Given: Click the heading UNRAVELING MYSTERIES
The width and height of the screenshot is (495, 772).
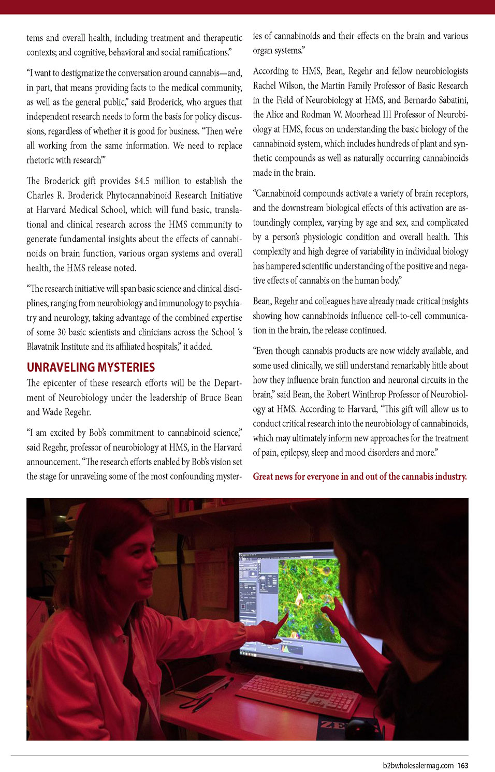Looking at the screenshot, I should point(91,367).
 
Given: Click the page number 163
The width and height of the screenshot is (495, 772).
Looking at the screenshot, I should point(462,765).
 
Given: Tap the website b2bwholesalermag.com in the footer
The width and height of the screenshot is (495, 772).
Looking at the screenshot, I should point(418,765).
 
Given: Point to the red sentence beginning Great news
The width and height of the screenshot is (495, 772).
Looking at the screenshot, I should point(360,477).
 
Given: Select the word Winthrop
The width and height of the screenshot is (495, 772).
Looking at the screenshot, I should point(371,394).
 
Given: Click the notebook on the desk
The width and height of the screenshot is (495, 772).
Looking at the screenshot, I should point(199,683).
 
